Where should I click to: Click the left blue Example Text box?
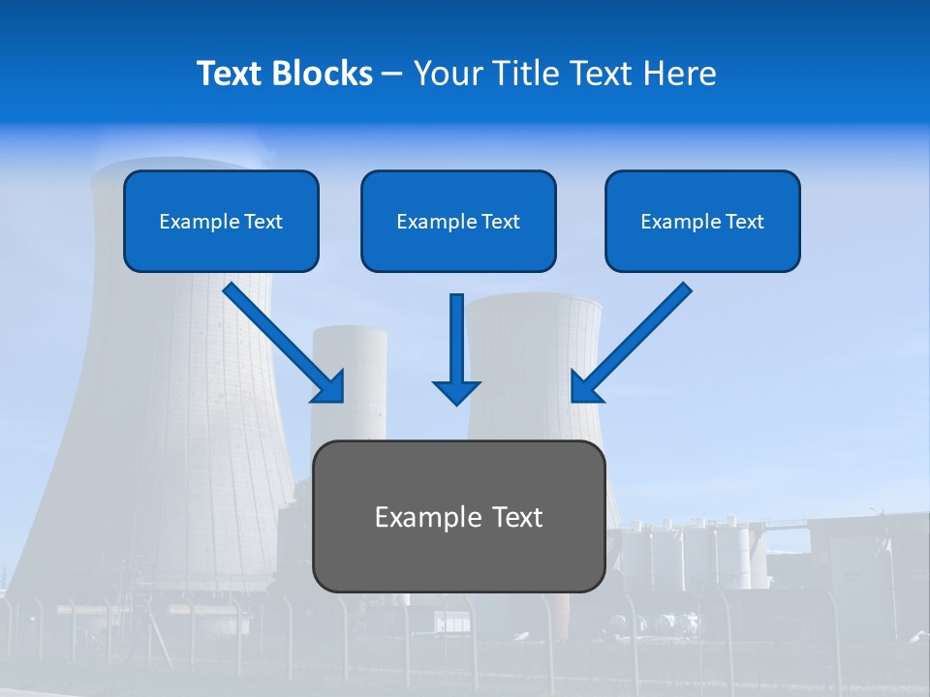221,222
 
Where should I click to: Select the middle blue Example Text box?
458,222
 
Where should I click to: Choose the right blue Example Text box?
702,222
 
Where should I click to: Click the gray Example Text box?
458,517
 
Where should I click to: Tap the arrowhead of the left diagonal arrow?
329,386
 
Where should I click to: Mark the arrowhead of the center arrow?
456,391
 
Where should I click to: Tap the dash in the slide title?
392,74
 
